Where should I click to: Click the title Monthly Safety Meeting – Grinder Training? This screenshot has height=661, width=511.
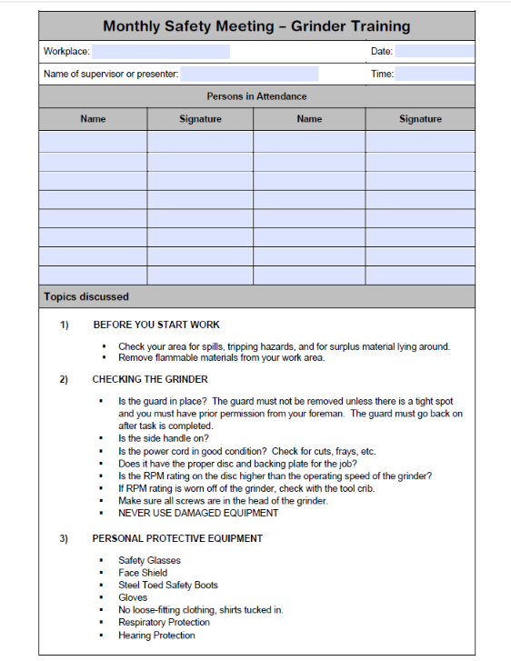256,26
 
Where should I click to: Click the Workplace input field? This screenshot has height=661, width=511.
160,52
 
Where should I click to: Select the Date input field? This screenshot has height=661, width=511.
434,52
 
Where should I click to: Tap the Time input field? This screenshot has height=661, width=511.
434,74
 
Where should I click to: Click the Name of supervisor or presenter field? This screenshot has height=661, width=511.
249,74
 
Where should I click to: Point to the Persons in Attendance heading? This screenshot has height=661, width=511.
256,96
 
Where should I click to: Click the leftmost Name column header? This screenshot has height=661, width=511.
93,119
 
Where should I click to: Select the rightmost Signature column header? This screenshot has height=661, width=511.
420,119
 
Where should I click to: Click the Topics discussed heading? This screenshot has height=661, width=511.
86,296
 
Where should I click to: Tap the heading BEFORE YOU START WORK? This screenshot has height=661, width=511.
156,325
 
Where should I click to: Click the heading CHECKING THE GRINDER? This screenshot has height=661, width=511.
150,379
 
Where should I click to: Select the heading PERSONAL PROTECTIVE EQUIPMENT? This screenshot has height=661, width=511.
177,538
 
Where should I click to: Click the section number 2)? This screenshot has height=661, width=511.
65,379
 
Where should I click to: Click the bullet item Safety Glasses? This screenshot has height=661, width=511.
149,561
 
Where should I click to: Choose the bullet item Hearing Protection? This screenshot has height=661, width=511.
156,636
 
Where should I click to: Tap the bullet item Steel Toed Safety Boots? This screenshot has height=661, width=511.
168,586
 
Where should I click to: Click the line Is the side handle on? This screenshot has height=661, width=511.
164,438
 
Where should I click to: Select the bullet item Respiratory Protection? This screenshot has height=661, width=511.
164,623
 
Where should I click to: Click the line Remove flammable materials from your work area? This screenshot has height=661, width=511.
221,357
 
